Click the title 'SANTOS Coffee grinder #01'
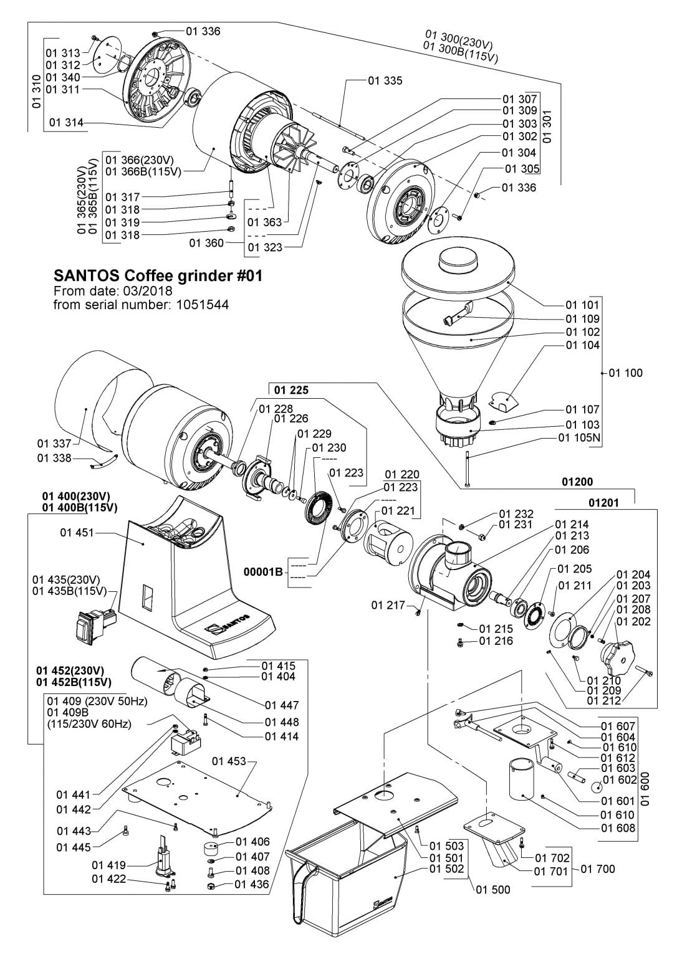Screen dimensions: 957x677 click(x=158, y=276)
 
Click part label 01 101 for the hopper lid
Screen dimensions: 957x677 click(x=582, y=305)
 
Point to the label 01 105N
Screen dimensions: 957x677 click(x=579, y=437)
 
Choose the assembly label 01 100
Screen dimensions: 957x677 click(x=625, y=373)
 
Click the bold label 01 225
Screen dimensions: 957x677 click(x=291, y=390)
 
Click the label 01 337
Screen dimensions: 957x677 click(x=54, y=443)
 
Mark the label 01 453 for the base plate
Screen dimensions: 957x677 click(x=229, y=761)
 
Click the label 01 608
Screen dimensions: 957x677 click(x=618, y=828)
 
